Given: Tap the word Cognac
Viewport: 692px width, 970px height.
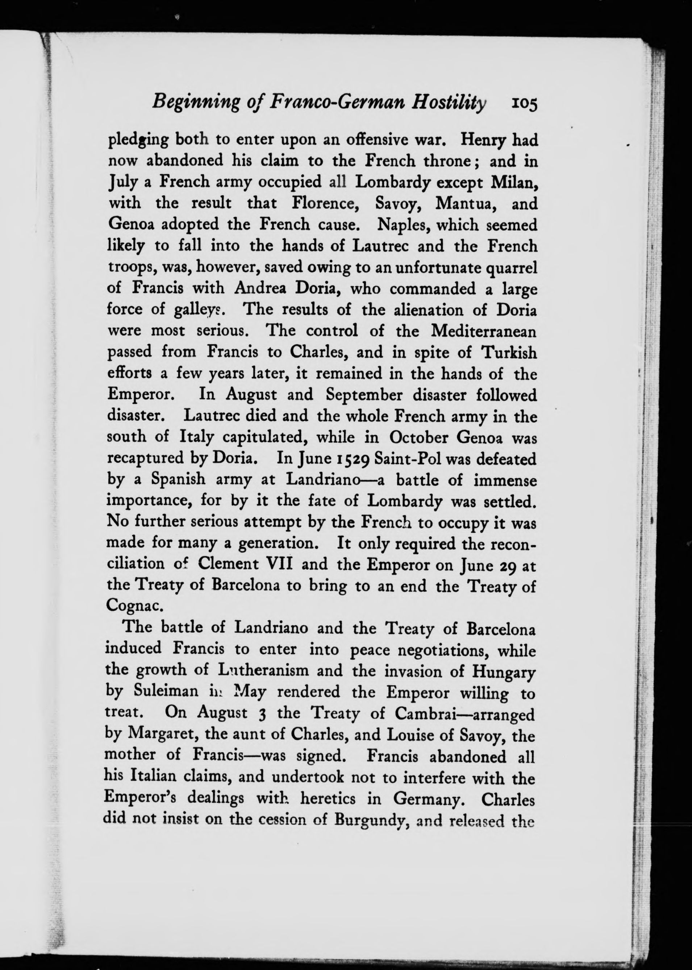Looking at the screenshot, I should click(x=133, y=607).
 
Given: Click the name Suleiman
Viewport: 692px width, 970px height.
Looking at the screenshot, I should click(x=166, y=692).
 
